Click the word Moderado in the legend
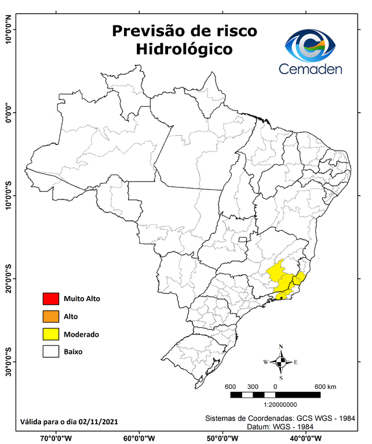(82, 334)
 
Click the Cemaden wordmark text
(311, 69)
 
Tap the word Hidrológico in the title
(184, 50)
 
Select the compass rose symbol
(280, 362)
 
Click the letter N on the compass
(281, 347)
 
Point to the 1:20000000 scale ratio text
(280, 406)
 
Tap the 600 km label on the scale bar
(324, 387)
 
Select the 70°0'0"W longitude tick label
(57, 438)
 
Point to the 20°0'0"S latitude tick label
(8, 277)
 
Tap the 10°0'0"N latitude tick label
(8, 29)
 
